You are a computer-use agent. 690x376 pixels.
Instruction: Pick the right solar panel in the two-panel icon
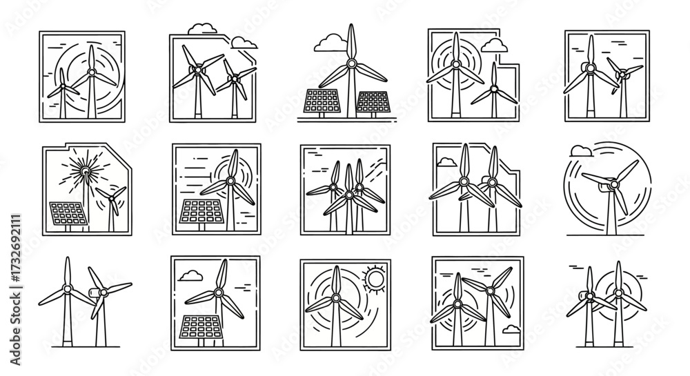tap(373, 102)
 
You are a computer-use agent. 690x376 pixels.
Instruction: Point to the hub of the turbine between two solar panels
tap(351, 64)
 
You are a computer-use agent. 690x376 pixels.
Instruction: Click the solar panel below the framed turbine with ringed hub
tap(199, 211)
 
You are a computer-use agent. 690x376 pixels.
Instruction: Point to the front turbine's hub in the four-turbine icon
tap(349, 195)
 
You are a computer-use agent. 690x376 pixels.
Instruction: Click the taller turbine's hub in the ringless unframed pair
tap(67, 288)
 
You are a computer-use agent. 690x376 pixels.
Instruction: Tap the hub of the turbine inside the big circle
tap(612, 184)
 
